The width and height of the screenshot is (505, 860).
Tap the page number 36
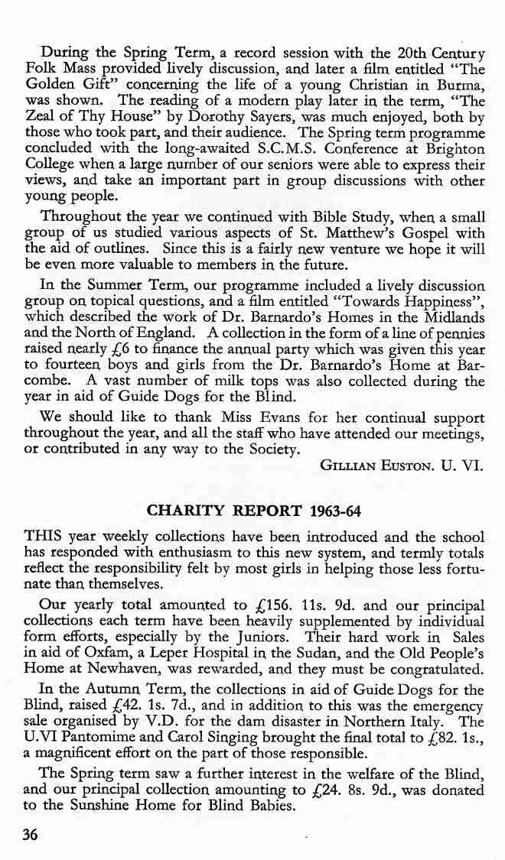click(31, 835)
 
